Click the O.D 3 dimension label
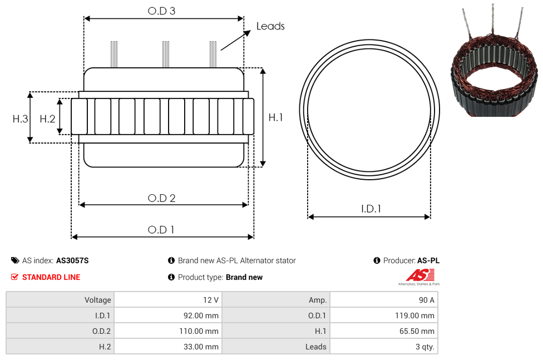(x=161, y=11)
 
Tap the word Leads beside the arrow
(x=270, y=26)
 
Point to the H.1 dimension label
(x=275, y=117)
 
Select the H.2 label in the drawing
(x=47, y=119)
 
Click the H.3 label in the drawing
(x=20, y=119)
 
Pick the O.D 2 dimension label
(x=161, y=198)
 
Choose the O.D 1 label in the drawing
(x=161, y=229)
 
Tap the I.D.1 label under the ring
(x=371, y=209)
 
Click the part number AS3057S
(x=72, y=260)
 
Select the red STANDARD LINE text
(x=51, y=277)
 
